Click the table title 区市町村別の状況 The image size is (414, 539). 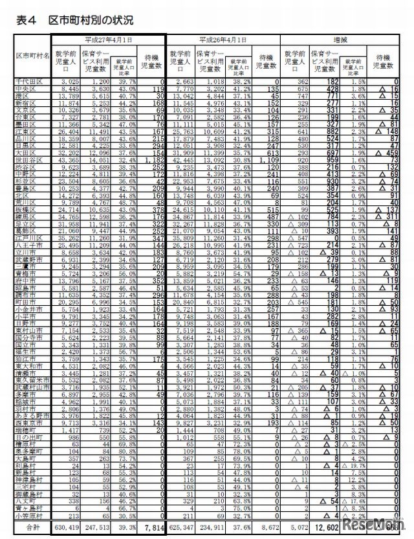pos(84,21)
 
